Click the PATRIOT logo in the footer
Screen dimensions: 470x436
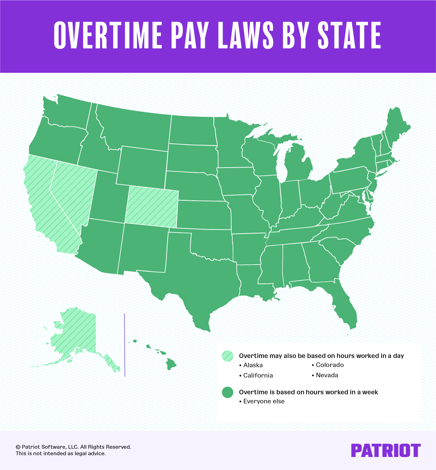(x=385, y=450)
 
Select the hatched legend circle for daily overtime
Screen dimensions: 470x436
(x=227, y=356)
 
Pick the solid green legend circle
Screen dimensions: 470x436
(x=227, y=392)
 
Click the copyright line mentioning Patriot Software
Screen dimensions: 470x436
(x=73, y=447)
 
